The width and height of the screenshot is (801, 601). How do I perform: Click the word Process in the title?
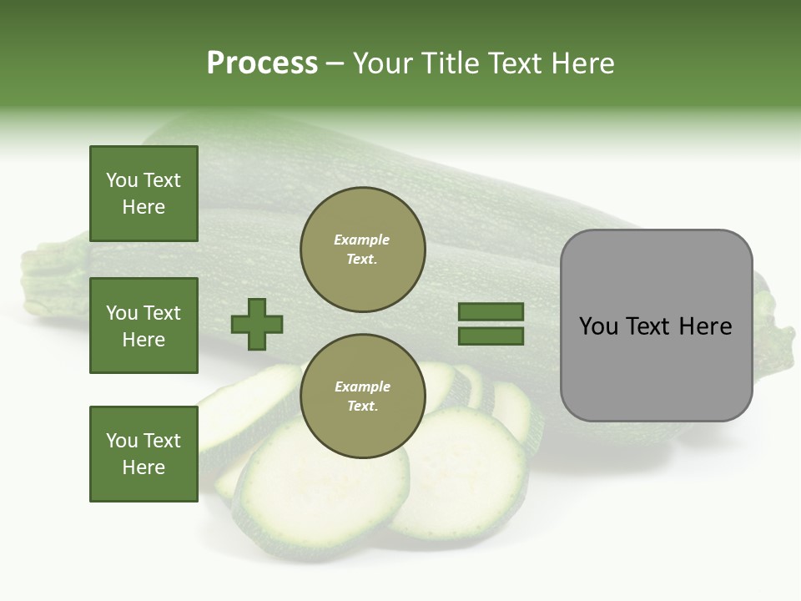coord(262,63)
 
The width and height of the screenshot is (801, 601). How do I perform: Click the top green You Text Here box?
coord(144,194)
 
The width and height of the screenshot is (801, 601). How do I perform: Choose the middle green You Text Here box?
coord(144,326)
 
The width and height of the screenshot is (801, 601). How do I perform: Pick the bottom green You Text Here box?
coord(144,454)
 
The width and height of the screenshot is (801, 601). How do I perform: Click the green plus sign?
coord(257,324)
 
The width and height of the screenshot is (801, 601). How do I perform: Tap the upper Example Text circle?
coord(363,250)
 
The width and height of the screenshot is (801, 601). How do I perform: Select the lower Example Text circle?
coord(363,396)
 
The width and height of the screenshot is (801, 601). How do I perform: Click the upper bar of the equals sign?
coord(491,312)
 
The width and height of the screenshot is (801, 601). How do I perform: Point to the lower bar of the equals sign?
coord(491,336)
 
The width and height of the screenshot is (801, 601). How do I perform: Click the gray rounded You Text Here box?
coord(656,326)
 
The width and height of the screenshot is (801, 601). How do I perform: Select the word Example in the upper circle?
coord(361,240)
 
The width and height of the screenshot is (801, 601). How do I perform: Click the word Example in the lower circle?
coord(362,387)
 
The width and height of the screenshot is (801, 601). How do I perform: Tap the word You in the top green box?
coord(120,180)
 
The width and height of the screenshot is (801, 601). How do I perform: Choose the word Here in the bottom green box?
coord(144,467)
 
